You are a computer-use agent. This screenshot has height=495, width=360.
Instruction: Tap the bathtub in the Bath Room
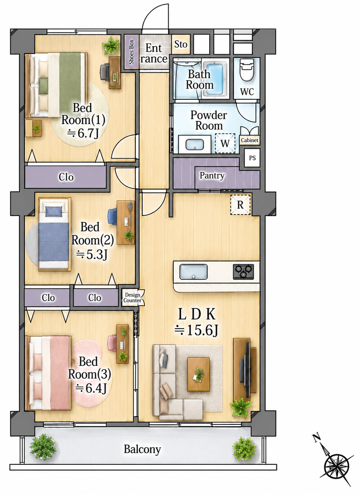point(215,79)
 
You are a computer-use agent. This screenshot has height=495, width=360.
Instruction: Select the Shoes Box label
point(131,52)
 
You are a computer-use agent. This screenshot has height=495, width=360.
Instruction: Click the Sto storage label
point(181,44)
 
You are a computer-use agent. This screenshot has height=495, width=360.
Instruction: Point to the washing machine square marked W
point(225,143)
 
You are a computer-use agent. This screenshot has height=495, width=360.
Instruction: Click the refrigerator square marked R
point(240,205)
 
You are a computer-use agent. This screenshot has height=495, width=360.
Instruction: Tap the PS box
point(252,158)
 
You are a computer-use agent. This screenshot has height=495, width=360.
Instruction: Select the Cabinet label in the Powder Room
point(250,140)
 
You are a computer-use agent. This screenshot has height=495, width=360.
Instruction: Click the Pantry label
point(212,176)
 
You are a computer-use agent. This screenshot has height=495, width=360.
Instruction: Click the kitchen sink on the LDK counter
point(194,272)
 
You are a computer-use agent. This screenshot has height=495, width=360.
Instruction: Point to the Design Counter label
point(132,298)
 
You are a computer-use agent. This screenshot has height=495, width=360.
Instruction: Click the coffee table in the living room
point(199,374)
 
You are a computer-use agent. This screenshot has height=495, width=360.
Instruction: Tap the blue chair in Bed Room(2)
point(112,217)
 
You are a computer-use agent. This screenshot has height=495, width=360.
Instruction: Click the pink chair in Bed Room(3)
point(112,343)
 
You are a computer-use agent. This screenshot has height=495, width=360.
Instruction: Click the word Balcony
point(142,449)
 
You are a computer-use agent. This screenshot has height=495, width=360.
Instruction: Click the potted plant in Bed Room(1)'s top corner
point(111,45)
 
